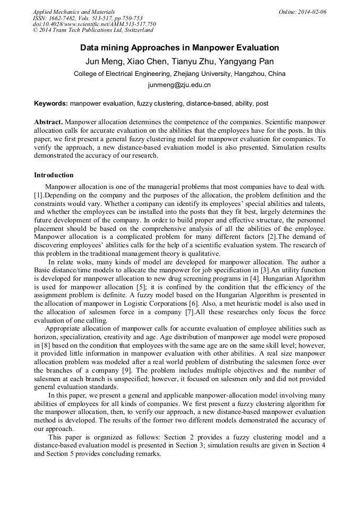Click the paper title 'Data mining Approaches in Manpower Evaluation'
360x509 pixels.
click(x=179, y=48)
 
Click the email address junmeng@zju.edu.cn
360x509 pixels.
click(x=179, y=85)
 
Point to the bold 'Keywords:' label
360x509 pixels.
click(x=51, y=103)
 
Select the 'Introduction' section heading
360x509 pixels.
click(x=54, y=175)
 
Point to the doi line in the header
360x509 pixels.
click(x=94, y=24)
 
